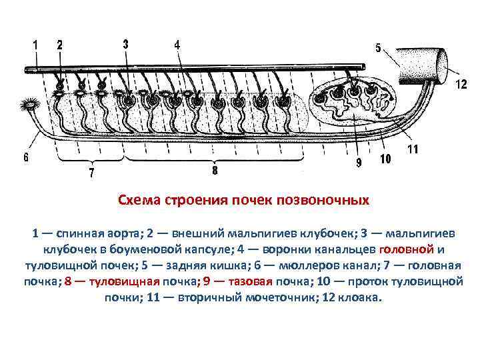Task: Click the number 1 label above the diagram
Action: pyautogui.click(x=35, y=45)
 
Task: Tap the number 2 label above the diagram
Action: pyautogui.click(x=60, y=45)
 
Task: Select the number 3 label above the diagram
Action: pyautogui.click(x=126, y=44)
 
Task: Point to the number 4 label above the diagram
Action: pyautogui.click(x=177, y=45)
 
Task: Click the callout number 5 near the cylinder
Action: pyautogui.click(x=378, y=48)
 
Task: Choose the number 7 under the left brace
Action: pyautogui.click(x=92, y=174)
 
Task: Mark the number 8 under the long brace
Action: pyautogui.click(x=215, y=171)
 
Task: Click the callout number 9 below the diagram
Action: pyautogui.click(x=359, y=162)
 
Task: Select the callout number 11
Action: pyautogui.click(x=413, y=150)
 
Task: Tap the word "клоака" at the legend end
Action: pyautogui.click(x=363, y=297)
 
